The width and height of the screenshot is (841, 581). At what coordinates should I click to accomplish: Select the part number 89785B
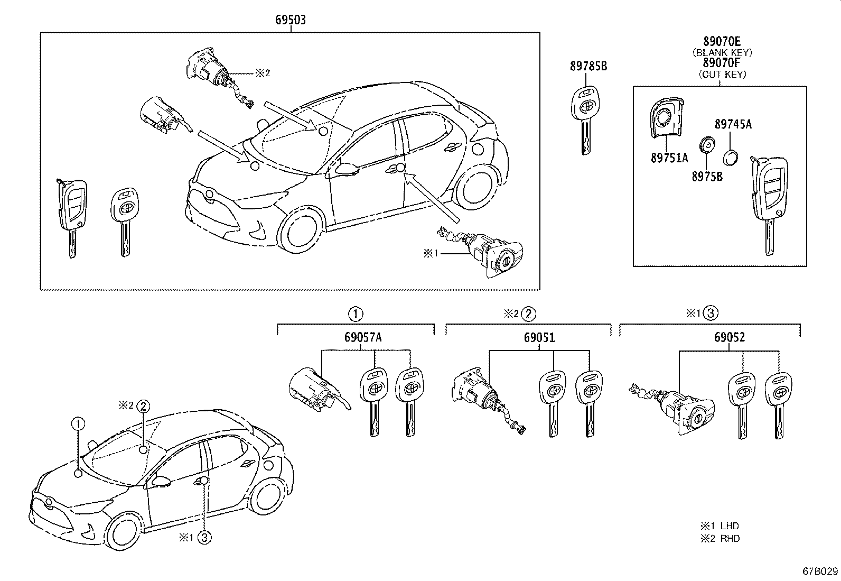pyautogui.click(x=588, y=66)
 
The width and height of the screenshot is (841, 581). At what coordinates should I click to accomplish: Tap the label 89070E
pyautogui.click(x=722, y=41)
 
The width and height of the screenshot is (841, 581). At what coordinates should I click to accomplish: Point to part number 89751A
pyautogui.click(x=669, y=158)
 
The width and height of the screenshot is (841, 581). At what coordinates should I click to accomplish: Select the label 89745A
pyautogui.click(x=733, y=124)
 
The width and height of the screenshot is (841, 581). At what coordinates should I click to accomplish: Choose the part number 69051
pyautogui.click(x=539, y=337)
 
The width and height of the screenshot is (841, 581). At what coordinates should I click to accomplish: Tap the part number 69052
pyautogui.click(x=730, y=337)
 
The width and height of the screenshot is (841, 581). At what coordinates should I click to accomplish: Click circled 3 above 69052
pyautogui.click(x=711, y=313)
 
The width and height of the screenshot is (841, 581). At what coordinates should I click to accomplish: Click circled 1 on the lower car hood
pyautogui.click(x=78, y=423)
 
